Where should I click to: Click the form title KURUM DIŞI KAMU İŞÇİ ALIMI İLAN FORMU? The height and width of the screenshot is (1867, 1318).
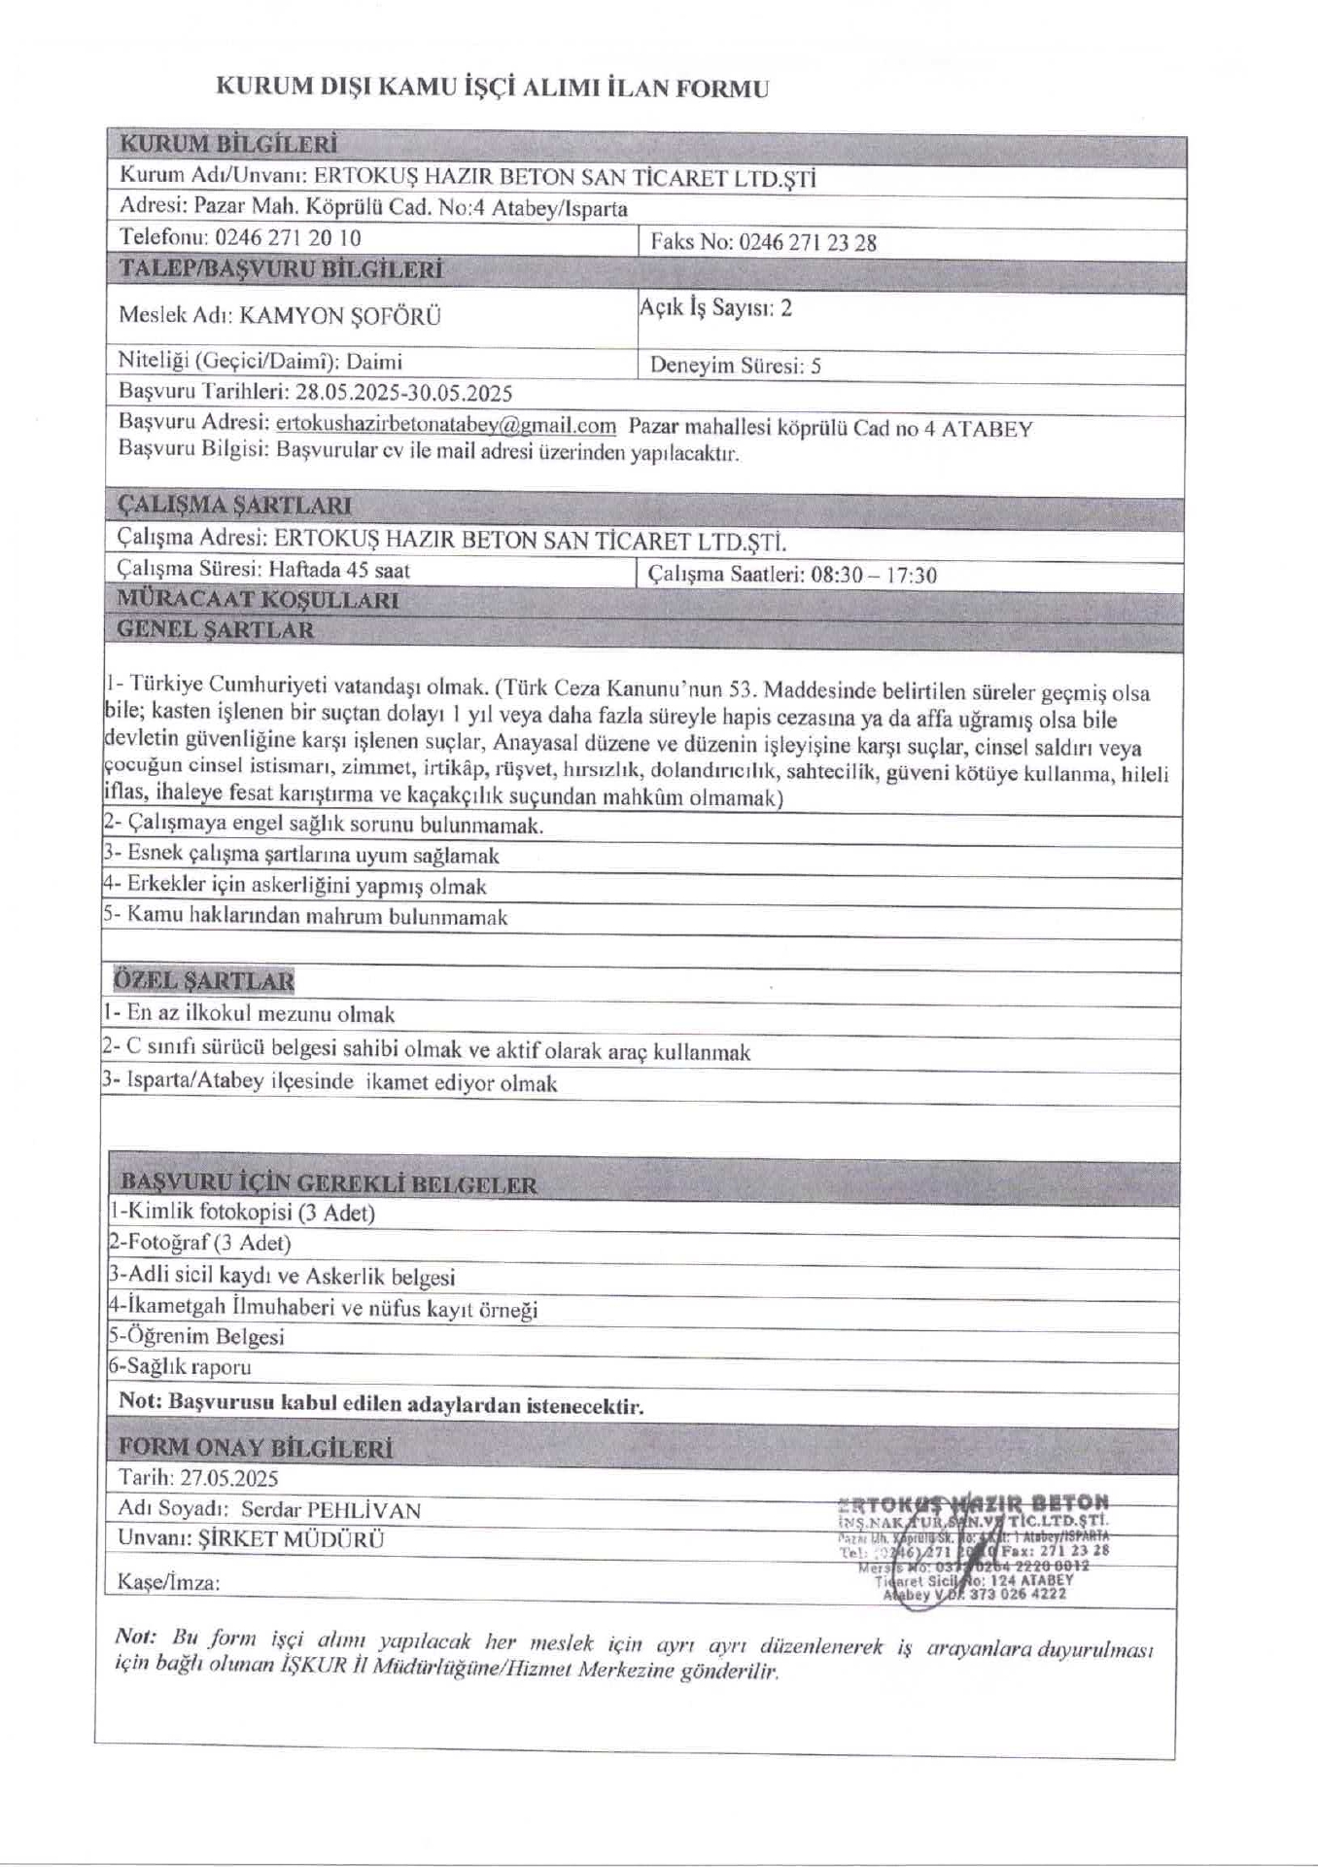491,88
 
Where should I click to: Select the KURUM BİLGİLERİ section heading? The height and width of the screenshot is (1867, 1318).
227,145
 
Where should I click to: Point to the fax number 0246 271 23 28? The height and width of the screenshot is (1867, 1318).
807,243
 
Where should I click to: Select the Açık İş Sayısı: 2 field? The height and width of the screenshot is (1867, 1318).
715,308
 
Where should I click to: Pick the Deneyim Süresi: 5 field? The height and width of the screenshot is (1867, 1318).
735,366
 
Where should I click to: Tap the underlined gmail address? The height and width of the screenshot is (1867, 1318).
446,425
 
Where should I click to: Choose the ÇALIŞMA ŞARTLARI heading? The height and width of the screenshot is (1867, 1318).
234,506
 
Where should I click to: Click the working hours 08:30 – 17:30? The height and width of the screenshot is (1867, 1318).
873,575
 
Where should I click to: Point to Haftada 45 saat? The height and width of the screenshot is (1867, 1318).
339,570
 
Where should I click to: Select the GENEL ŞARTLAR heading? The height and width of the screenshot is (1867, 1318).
216,629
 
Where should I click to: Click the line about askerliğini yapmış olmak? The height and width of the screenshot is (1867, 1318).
295,886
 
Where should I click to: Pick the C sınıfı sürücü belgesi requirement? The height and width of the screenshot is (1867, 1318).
428,1051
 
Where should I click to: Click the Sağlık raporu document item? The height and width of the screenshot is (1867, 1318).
181,1366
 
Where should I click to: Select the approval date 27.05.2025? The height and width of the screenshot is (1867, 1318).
229,1478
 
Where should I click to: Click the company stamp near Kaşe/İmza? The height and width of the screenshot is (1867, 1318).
972,1546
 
